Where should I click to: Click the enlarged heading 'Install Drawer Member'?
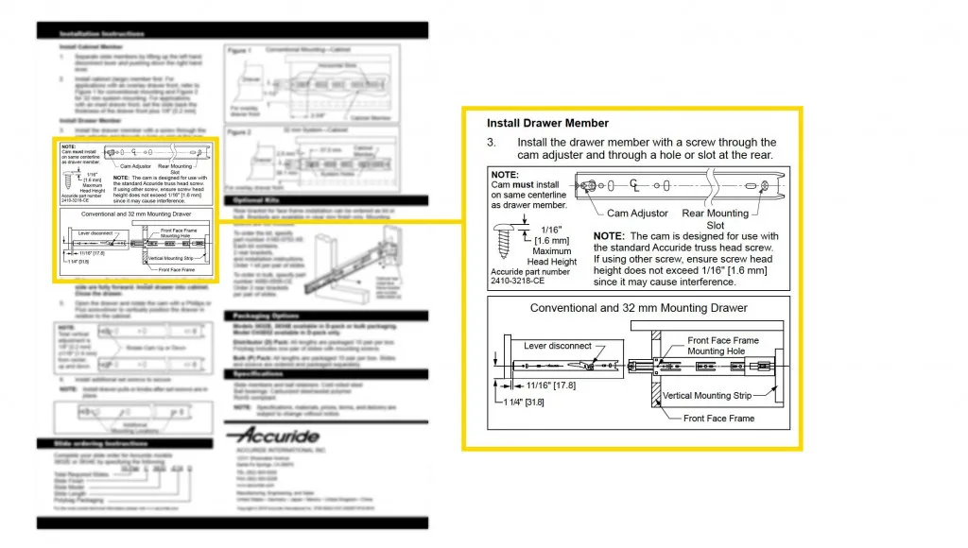[x=547, y=123]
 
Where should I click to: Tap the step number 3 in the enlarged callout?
[x=491, y=143]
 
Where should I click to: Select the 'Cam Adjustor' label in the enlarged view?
[x=637, y=214]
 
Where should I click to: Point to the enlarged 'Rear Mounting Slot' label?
[x=716, y=219]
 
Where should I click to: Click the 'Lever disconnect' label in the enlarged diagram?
[x=558, y=347]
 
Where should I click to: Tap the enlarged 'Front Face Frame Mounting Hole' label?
[x=723, y=346]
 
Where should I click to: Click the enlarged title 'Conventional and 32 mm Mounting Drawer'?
[x=638, y=308]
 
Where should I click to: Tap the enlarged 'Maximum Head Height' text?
[x=552, y=256]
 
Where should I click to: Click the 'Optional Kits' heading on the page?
[x=254, y=200]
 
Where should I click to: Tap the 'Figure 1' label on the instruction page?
[x=238, y=49]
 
